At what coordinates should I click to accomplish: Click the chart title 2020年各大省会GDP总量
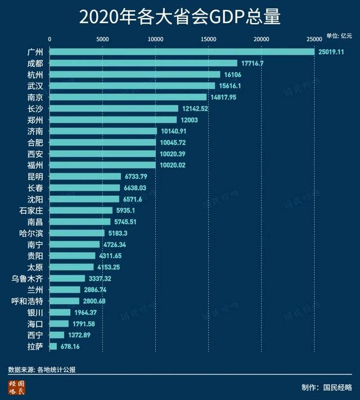(179, 17)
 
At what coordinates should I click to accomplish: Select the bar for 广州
(182, 52)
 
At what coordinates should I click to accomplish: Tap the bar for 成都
(143, 63)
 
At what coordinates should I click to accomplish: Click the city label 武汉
(35, 86)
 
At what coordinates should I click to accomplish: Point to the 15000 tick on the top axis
(208, 39)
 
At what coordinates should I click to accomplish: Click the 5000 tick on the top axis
(102, 39)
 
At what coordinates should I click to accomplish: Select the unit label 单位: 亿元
(339, 35)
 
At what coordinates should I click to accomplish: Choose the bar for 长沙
(114, 109)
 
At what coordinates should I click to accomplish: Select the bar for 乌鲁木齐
(67, 278)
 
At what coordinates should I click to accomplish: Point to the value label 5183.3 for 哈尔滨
(119, 233)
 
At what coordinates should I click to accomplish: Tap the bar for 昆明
(85, 176)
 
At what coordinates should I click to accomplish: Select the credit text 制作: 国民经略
(326, 387)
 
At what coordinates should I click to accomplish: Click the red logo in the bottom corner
(17, 387)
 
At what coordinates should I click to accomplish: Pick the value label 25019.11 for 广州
(331, 52)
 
